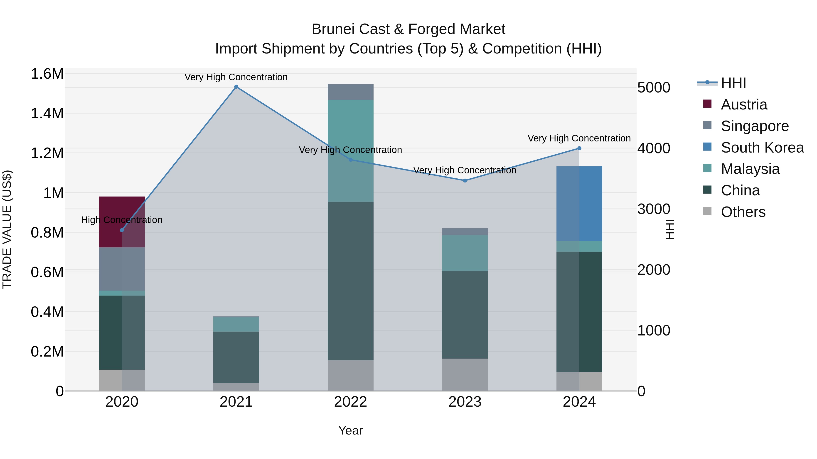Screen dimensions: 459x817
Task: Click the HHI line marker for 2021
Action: pyautogui.click(x=236, y=87)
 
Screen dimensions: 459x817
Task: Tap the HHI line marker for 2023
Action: pyautogui.click(x=465, y=181)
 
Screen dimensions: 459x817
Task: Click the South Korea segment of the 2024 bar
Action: pyautogui.click(x=579, y=204)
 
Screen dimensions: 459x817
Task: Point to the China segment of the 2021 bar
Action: pyautogui.click(x=236, y=357)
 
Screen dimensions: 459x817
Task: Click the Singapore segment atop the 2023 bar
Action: pyautogui.click(x=465, y=232)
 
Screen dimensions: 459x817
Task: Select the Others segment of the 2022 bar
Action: pyautogui.click(x=350, y=375)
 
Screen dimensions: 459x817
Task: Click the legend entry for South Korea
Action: pyautogui.click(x=762, y=148)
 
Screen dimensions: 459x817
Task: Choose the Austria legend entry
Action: pyautogui.click(x=744, y=104)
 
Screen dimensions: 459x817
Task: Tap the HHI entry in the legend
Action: pyautogui.click(x=733, y=83)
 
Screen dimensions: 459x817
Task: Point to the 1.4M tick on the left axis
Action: pyautogui.click(x=47, y=113)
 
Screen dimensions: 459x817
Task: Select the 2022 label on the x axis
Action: pyautogui.click(x=350, y=402)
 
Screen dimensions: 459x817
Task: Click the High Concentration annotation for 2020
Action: pyautogui.click(x=122, y=220)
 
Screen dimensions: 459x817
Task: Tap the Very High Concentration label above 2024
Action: pyautogui.click(x=579, y=138)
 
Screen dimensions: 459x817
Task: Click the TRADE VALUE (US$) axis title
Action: pyautogui.click(x=7, y=229)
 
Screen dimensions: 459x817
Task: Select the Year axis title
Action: pyautogui.click(x=350, y=430)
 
